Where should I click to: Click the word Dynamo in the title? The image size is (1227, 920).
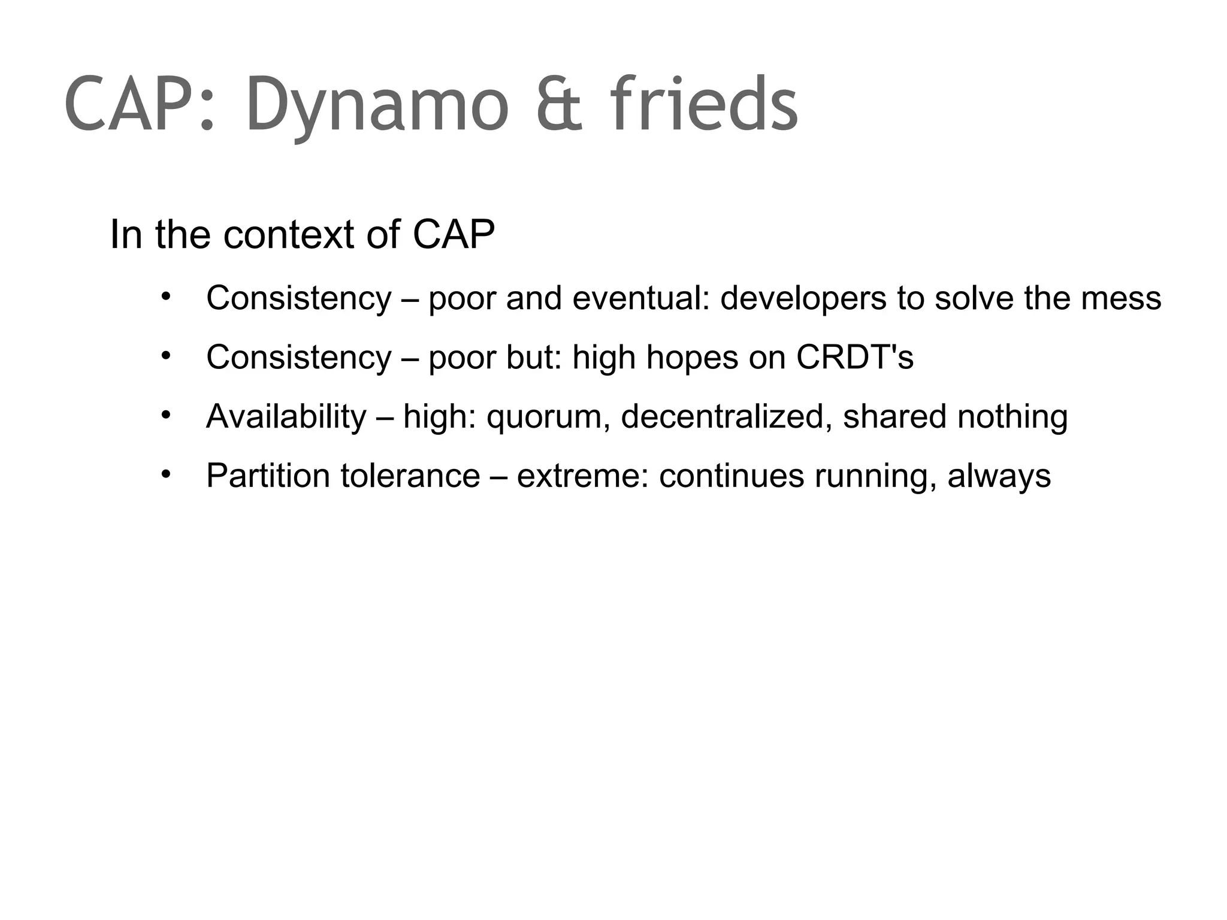(377, 105)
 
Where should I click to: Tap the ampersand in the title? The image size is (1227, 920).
(558, 105)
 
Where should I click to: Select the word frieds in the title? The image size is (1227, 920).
(705, 105)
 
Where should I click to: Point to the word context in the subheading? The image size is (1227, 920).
(289, 235)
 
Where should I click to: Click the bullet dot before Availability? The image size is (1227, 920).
(166, 415)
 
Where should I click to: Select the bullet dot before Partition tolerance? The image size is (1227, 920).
(166, 474)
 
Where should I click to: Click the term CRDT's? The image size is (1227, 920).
(854, 357)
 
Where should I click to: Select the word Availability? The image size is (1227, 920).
(286, 416)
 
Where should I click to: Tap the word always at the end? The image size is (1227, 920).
(999, 477)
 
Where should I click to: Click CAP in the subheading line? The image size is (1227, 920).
(454, 235)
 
